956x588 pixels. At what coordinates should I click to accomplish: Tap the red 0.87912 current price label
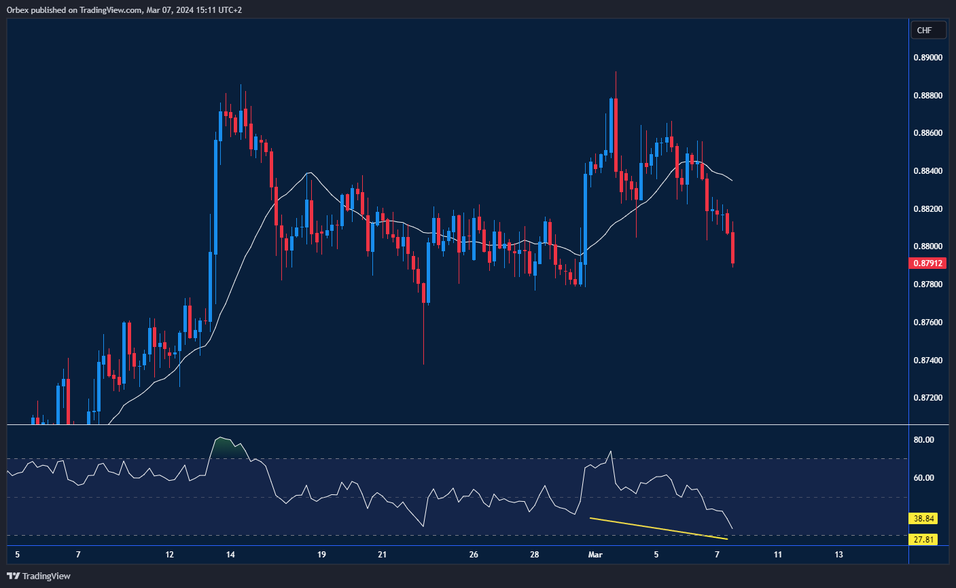click(x=927, y=263)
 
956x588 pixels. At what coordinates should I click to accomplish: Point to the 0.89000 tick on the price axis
click(x=927, y=58)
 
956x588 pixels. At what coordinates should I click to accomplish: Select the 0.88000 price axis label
click(x=927, y=246)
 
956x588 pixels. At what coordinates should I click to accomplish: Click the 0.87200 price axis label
click(x=927, y=397)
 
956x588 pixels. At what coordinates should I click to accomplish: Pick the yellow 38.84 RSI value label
click(x=924, y=519)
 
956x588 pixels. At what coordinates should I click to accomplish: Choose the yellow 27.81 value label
click(x=924, y=540)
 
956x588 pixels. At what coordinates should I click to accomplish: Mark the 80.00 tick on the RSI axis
click(x=923, y=440)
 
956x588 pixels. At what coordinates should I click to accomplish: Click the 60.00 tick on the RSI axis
click(x=923, y=478)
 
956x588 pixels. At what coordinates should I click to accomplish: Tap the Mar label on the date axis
click(x=595, y=555)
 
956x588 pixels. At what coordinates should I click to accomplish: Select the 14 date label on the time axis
click(x=231, y=555)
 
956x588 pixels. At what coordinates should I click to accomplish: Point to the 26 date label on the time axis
click(x=474, y=555)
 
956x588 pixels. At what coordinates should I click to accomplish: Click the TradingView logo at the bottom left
click(x=39, y=576)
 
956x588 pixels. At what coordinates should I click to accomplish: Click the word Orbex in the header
click(x=17, y=10)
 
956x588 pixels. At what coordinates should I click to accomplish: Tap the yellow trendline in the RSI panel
click(x=659, y=528)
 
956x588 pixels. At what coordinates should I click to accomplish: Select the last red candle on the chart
click(x=733, y=248)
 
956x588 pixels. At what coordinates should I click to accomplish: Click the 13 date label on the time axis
click(x=838, y=555)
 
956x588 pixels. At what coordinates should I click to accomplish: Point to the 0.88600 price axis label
click(x=927, y=133)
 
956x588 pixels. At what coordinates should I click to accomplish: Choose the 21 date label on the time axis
click(x=383, y=555)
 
